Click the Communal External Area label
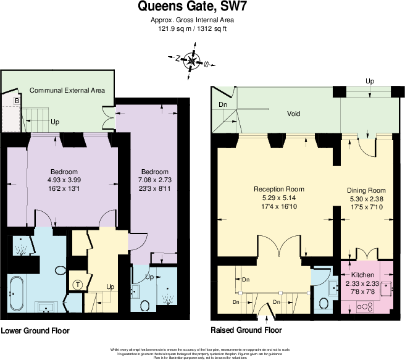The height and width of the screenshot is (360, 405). click(x=67, y=90)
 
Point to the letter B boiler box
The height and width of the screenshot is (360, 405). click(x=17, y=101)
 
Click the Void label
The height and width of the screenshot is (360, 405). click(x=293, y=114)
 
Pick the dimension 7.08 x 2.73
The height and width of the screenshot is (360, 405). click(x=154, y=180)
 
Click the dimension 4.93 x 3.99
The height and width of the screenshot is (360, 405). click(x=64, y=180)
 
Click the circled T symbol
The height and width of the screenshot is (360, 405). click(x=78, y=284)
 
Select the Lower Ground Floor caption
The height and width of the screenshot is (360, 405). click(x=35, y=331)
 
